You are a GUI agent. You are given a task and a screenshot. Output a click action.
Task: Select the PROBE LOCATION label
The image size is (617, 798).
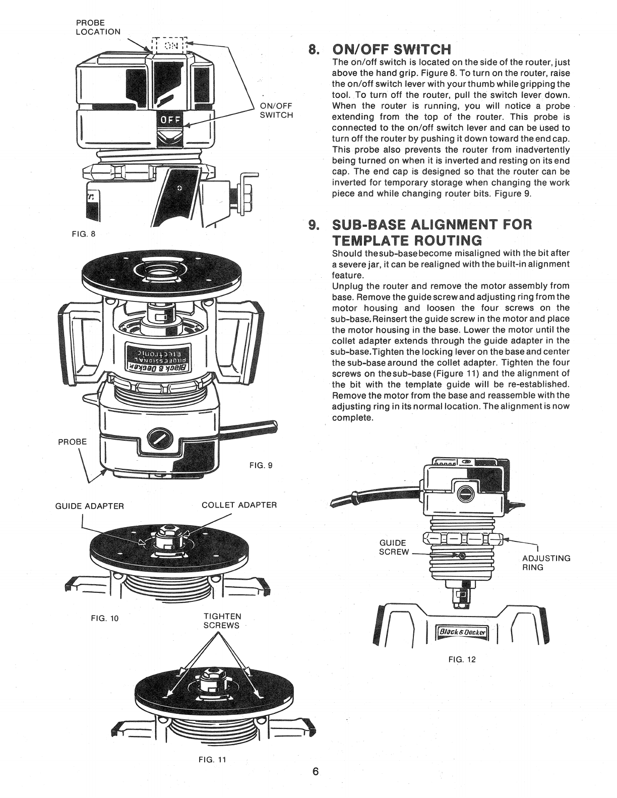tap(98, 27)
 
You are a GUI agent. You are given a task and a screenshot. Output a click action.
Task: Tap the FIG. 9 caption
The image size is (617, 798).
tap(261, 465)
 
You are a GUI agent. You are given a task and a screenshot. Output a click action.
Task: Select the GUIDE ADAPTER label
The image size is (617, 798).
tap(89, 506)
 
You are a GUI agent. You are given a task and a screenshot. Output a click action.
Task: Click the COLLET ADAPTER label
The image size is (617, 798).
tap(239, 505)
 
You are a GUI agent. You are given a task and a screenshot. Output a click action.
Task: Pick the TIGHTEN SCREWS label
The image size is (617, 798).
tap(222, 621)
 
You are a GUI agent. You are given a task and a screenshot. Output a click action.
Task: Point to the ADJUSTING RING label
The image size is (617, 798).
tap(546, 563)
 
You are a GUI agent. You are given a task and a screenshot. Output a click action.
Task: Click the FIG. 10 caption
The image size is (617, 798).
tap(106, 618)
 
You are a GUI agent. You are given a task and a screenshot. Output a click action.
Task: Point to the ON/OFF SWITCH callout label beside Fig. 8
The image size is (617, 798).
tap(276, 110)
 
